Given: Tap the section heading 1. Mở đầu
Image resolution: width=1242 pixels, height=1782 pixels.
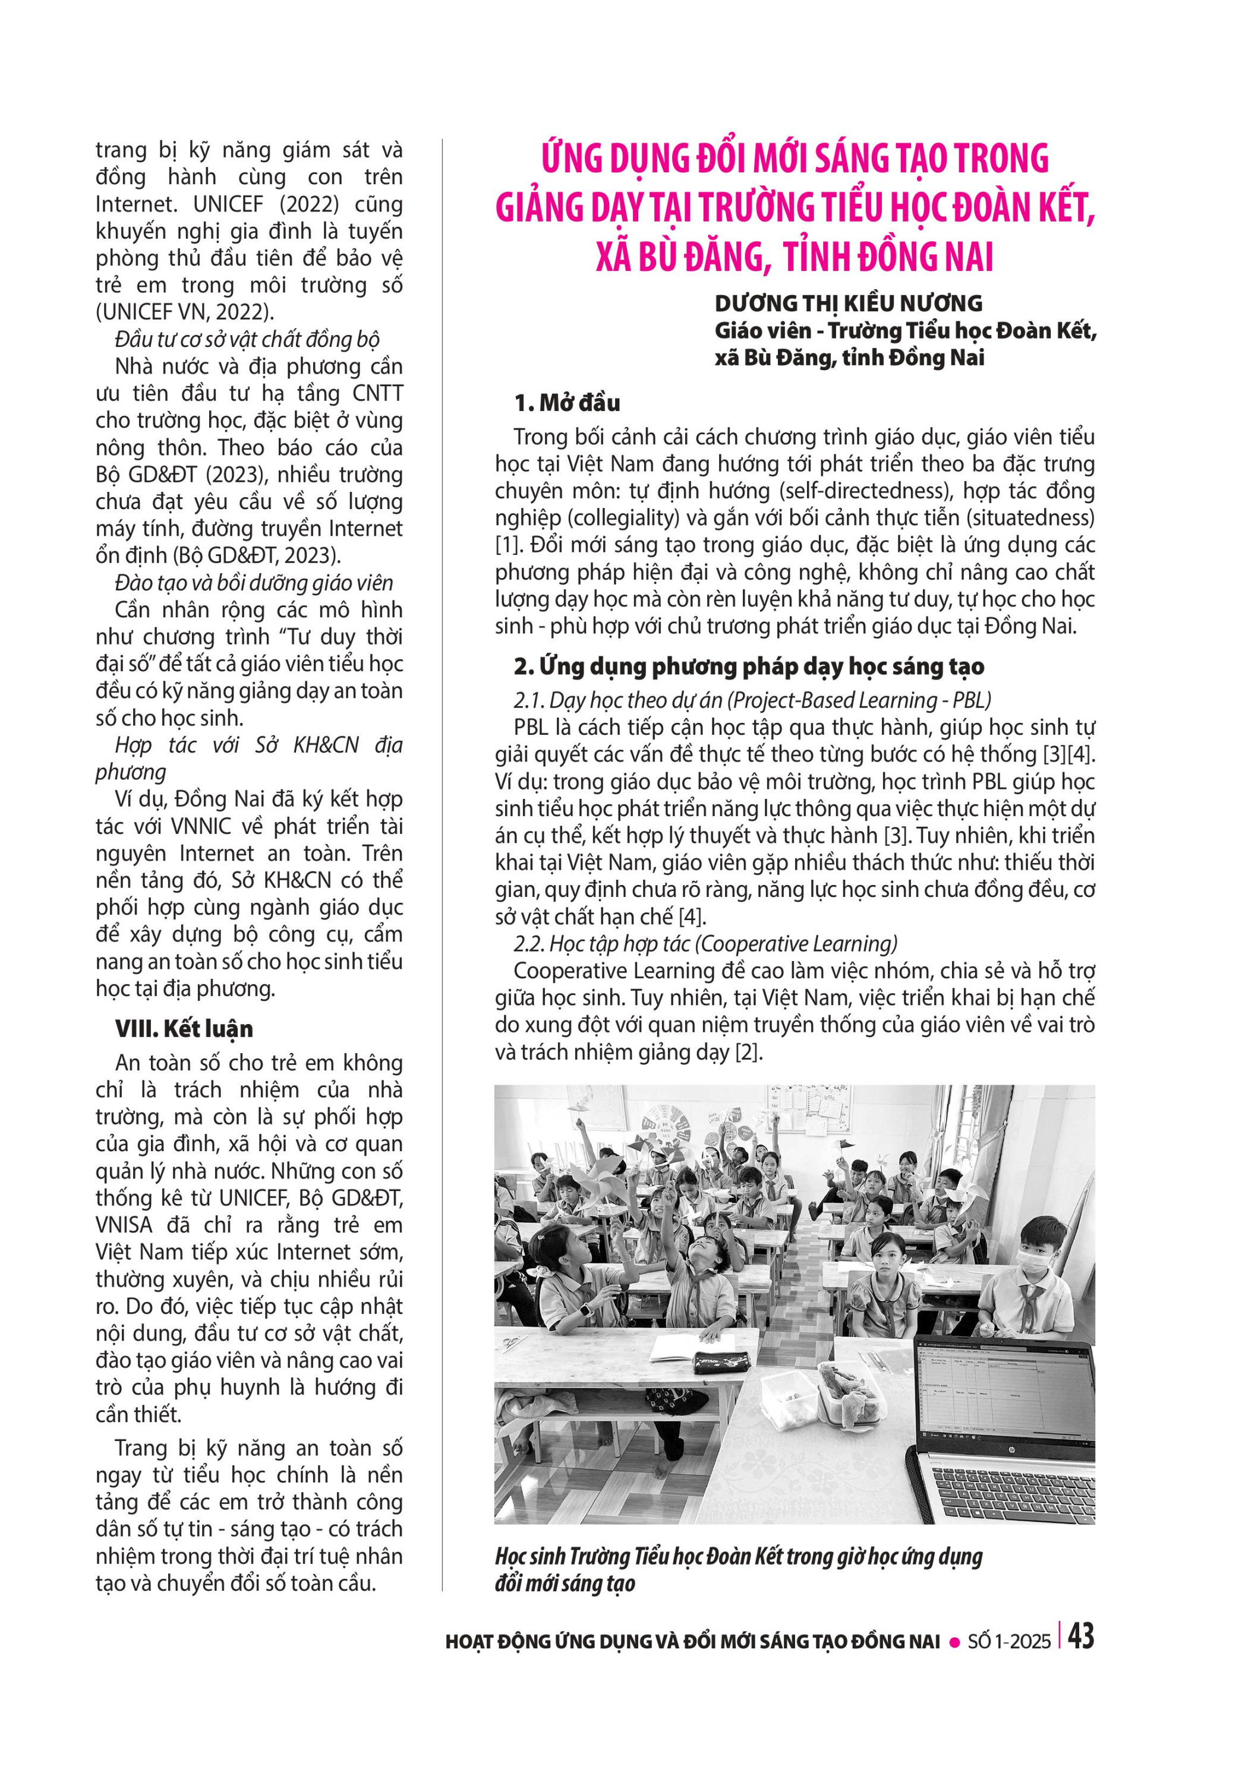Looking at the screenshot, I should click(x=567, y=402).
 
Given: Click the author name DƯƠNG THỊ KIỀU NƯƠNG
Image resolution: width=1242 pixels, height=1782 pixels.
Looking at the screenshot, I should click(x=847, y=303).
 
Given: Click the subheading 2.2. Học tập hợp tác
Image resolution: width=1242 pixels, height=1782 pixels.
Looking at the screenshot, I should click(x=705, y=944).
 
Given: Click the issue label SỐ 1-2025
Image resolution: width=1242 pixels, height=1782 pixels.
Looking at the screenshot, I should click(x=1008, y=1642).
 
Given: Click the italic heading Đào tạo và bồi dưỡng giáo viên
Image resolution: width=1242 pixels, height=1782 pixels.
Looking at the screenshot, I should click(x=254, y=583).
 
